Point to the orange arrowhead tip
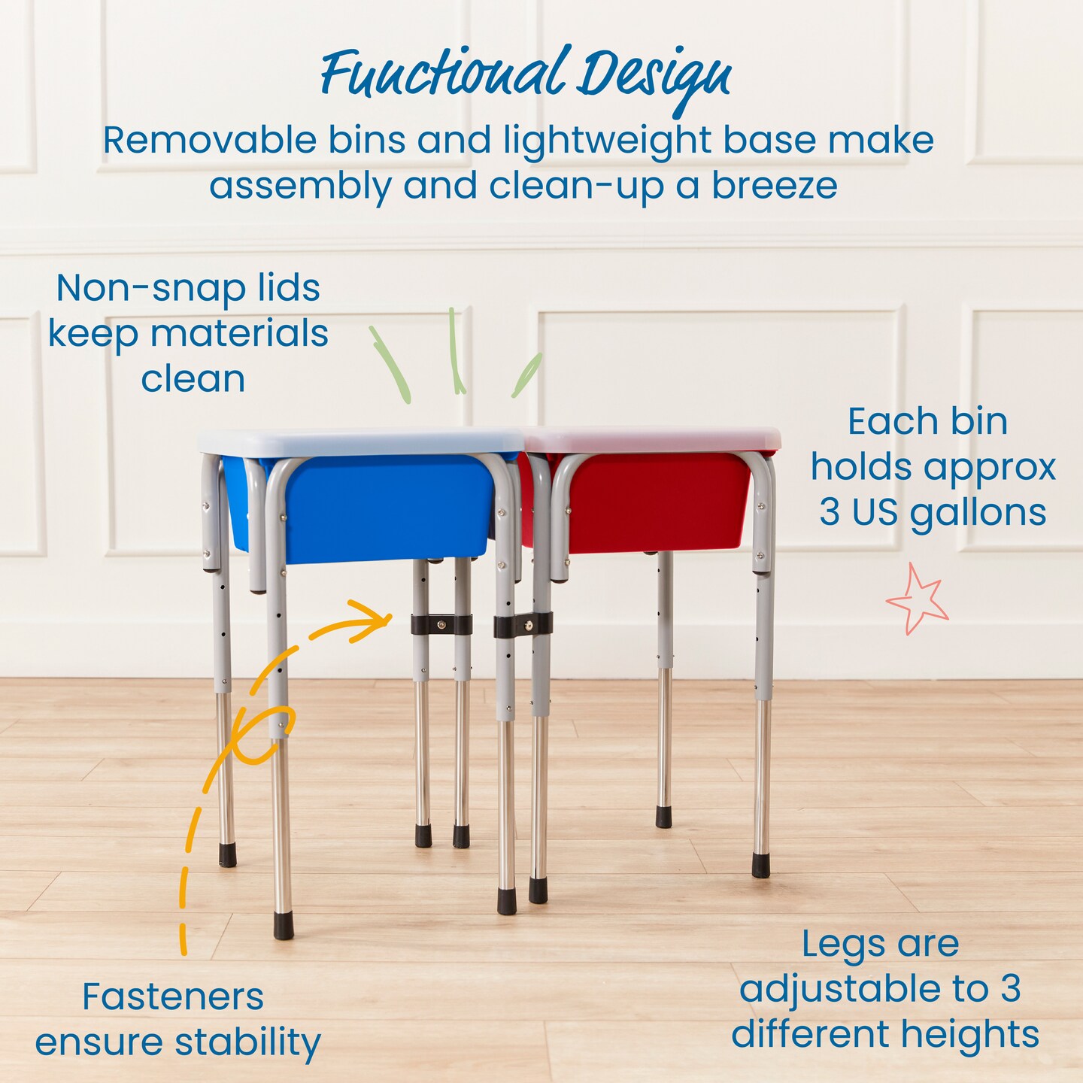(x=391, y=619)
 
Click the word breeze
(x=775, y=186)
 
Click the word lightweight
(x=608, y=141)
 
